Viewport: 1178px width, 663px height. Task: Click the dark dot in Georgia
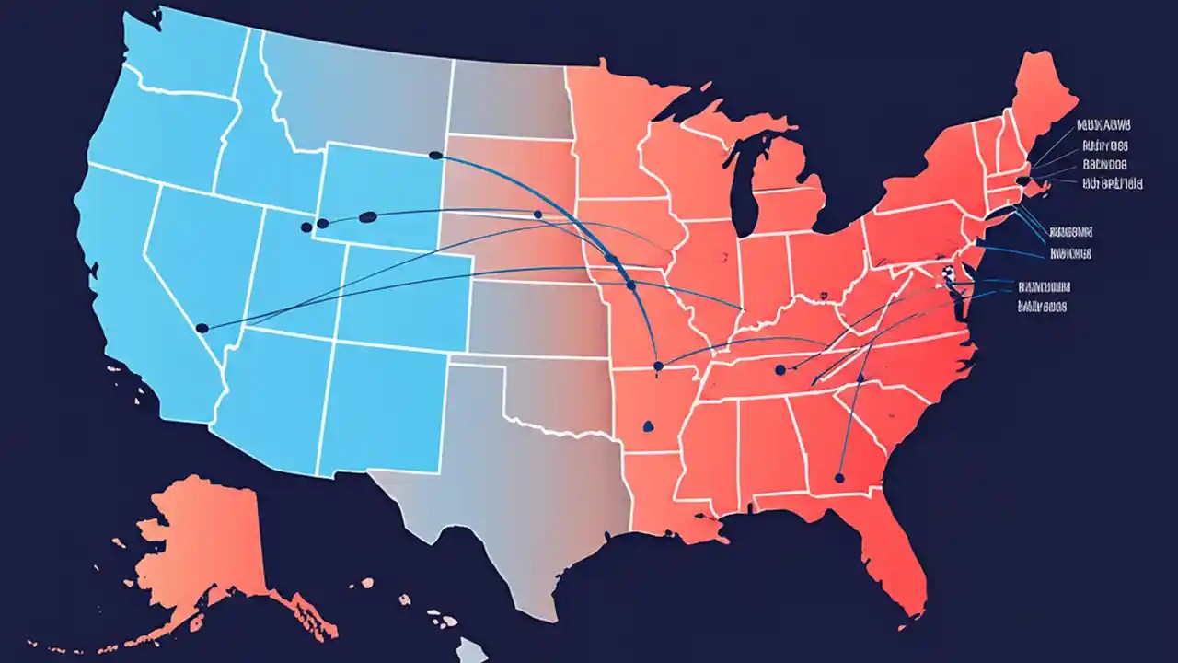tap(838, 478)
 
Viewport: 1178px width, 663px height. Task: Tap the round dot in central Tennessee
tap(780, 369)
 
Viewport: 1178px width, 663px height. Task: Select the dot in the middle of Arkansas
tap(648, 425)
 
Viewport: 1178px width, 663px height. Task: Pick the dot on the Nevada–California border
tap(202, 328)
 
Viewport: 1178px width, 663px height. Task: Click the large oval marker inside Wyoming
tap(366, 217)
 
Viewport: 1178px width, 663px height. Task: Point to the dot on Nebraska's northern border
tap(537, 215)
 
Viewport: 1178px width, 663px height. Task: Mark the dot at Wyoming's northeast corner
tap(435, 156)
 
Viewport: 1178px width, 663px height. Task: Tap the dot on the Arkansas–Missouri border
tap(657, 366)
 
